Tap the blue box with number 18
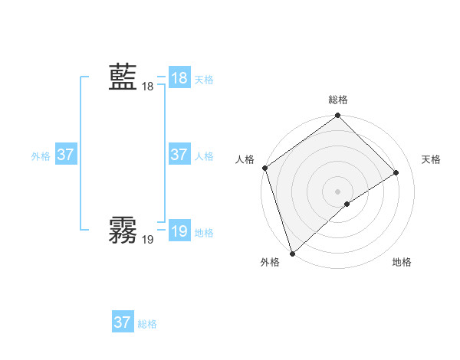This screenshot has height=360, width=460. (179, 78)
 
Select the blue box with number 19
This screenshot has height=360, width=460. (179, 231)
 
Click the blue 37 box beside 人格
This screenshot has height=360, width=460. (179, 155)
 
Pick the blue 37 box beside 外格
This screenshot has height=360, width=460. (66, 155)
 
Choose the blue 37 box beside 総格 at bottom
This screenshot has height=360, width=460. (123, 322)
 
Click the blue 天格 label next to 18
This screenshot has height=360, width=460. (204, 79)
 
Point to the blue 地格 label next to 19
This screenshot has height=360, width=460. (204, 232)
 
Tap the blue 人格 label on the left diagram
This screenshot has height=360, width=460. (204, 155)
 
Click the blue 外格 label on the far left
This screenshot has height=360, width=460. (41, 155)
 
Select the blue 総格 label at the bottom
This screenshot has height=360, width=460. (147, 324)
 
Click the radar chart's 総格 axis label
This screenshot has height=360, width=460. (337, 100)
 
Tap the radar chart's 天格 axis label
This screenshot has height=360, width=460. (432, 159)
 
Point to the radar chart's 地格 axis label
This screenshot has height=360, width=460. (402, 263)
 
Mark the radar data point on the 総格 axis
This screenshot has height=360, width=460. (337, 116)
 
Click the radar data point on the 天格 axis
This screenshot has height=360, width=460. (396, 173)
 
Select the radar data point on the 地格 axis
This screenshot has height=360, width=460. (347, 204)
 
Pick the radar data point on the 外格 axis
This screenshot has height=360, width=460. (292, 252)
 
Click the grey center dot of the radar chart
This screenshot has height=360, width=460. (337, 191)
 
